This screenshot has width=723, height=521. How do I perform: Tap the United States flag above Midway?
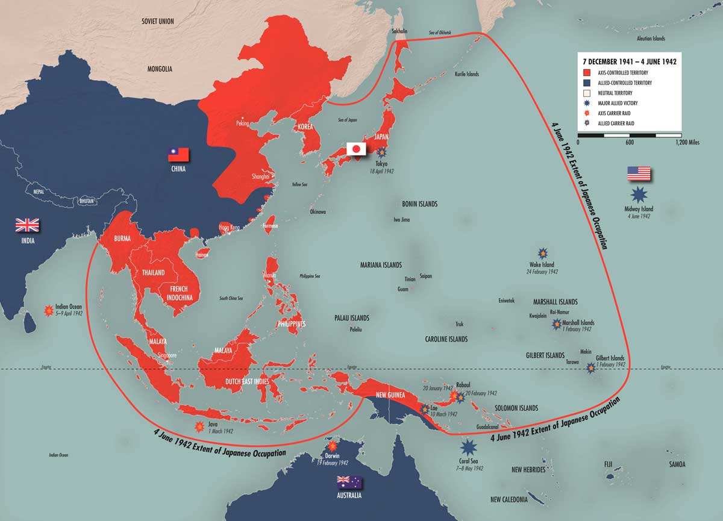[x=639, y=173]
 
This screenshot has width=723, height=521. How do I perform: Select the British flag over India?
[x=27, y=225]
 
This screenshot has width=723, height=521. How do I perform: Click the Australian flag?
[x=349, y=481]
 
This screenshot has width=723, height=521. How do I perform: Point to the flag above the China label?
[x=178, y=154]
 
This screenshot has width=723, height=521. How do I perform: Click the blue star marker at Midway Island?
[x=639, y=195]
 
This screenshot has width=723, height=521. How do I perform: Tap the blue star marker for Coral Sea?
[x=468, y=447]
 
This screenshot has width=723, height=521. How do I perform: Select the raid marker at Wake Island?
[x=542, y=254]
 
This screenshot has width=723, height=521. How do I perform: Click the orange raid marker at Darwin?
[x=332, y=446]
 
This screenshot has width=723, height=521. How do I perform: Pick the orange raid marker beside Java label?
[x=198, y=427]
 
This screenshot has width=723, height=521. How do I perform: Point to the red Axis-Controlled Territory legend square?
[x=586, y=72]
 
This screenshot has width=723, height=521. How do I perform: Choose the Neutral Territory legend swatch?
[x=586, y=93]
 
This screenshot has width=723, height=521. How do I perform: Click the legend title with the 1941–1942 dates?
[x=629, y=61]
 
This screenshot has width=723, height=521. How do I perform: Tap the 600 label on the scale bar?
[x=629, y=142]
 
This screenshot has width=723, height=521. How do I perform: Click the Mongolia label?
[x=160, y=69]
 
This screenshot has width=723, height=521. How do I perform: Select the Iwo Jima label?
[x=401, y=220]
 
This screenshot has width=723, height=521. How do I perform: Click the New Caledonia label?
[x=509, y=499]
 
